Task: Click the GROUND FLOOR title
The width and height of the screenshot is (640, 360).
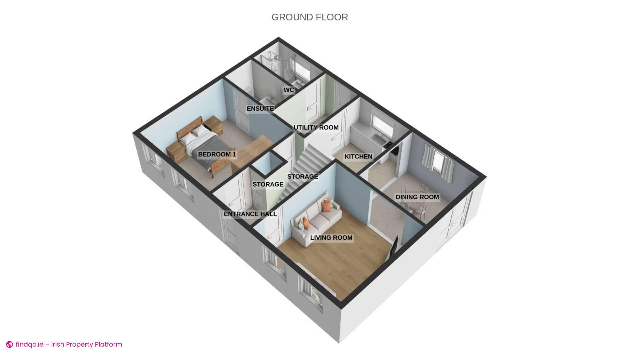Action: (310, 17)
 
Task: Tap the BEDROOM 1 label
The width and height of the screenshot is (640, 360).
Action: (217, 154)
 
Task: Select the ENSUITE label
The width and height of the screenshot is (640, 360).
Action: (260, 109)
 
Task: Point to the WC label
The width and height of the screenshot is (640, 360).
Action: (289, 90)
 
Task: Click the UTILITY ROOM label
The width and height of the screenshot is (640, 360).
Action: (316, 128)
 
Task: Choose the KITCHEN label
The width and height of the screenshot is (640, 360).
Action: (358, 157)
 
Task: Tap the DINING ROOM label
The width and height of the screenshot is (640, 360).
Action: (417, 197)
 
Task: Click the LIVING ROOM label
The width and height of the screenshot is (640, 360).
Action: (331, 238)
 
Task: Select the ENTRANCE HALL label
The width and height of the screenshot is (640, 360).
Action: (250, 214)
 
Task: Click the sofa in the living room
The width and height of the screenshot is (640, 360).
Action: (315, 220)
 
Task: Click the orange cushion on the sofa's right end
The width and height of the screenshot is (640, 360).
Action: (327, 205)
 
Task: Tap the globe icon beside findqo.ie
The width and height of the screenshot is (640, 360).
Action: (10, 345)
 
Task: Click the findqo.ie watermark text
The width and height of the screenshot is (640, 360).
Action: (69, 344)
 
